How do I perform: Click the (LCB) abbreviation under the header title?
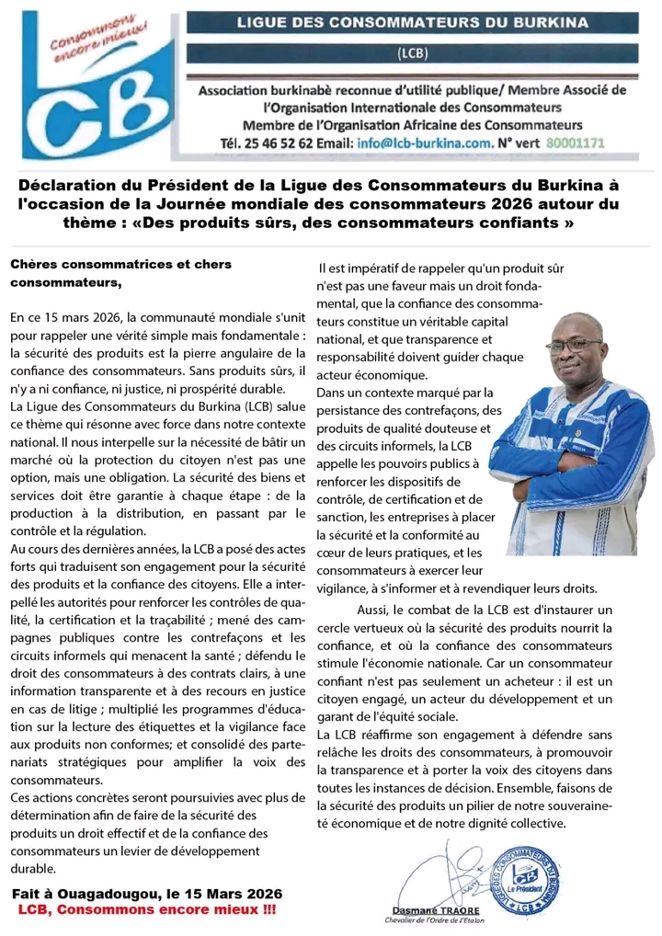(412, 53)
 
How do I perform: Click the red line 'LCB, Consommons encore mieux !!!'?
(146, 908)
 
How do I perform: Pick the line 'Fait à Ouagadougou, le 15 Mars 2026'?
(146, 894)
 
